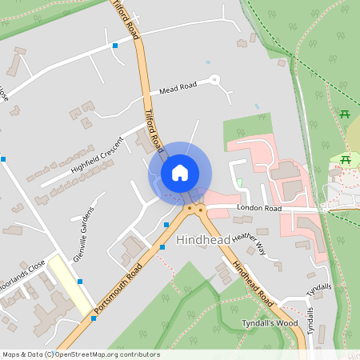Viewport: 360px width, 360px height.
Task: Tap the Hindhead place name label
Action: [203, 239]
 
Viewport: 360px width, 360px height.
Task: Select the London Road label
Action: [257, 208]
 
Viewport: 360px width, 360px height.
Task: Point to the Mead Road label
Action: [178, 88]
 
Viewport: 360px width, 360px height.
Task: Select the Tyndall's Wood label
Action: [270, 322]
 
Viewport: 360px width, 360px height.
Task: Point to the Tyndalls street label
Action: [318, 286]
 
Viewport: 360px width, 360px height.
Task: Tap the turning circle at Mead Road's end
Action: [214, 80]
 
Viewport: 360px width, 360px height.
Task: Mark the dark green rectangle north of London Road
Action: [247, 129]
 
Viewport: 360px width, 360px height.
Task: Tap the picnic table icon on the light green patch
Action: [346, 160]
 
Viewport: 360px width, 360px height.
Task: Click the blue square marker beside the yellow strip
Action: [81, 281]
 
